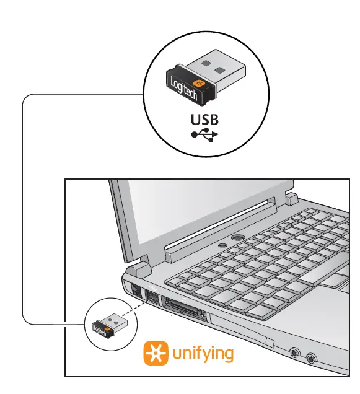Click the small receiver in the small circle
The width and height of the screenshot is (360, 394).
pos(107,323)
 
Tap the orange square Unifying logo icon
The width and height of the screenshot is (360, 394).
pos(155,353)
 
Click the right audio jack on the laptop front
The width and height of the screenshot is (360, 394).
pos(310,358)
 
